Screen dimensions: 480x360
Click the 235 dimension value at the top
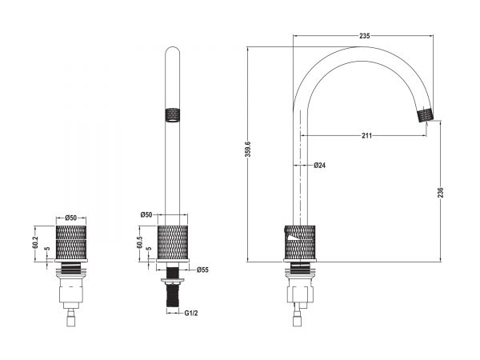pos(364,36)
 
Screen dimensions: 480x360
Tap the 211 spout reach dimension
pos(366,136)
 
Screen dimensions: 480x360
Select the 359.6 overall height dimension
pos(248,149)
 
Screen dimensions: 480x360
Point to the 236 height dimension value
pos(441,192)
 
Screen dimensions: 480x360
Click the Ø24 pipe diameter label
pos(319,166)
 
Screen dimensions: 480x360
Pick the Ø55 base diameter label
pos(202,270)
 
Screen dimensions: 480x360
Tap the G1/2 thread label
pos(191,313)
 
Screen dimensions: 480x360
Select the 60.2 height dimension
pos(35,242)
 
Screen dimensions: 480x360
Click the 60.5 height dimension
pos(139,242)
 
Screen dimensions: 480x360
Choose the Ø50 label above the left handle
pos(70,218)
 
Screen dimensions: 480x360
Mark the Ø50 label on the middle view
pos(146,214)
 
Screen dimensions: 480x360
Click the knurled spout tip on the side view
pos(426,114)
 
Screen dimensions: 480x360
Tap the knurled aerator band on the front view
pos(173,115)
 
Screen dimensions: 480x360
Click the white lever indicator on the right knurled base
pos(293,237)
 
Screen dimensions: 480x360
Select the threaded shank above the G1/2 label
pos(173,295)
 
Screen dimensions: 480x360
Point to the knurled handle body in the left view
pos(71,242)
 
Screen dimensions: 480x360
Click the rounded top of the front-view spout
pos(173,50)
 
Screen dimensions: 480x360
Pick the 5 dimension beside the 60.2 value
pos(46,249)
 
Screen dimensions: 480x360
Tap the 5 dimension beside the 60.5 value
pos(149,249)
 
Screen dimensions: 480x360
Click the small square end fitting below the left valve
pos(71,322)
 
